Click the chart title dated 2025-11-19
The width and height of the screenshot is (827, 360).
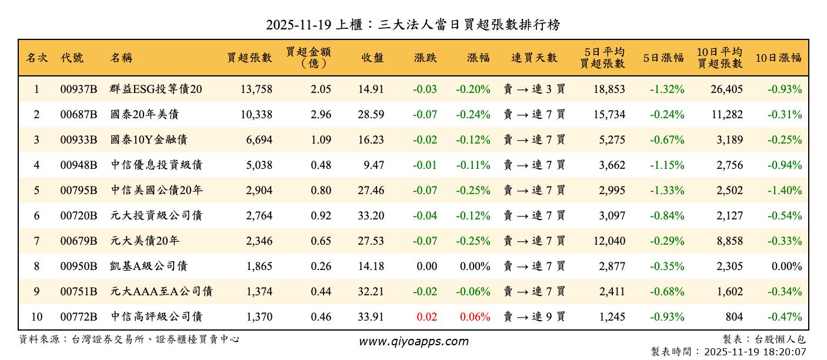(413, 24)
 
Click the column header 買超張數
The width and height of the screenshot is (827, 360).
(250, 58)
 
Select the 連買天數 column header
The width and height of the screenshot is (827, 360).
(534, 58)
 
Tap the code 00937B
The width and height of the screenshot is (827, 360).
(79, 89)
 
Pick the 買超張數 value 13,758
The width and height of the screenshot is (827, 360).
(256, 89)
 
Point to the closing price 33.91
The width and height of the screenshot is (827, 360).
(371, 317)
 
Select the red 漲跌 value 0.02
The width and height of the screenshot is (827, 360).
(426, 317)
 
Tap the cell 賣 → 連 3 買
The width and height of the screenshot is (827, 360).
(534, 89)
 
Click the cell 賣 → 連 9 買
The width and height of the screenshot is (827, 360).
(534, 317)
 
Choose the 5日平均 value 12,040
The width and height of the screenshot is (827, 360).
(609, 241)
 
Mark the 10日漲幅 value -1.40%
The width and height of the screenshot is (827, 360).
(785, 191)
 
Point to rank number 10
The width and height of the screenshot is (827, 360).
(36, 317)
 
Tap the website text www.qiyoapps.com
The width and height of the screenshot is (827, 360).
(413, 341)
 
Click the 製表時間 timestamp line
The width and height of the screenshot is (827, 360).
(728, 352)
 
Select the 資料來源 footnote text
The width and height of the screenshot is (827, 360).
(129, 339)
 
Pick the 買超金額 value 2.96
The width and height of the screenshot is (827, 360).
(321, 115)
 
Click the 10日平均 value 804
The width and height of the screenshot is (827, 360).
(733, 317)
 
